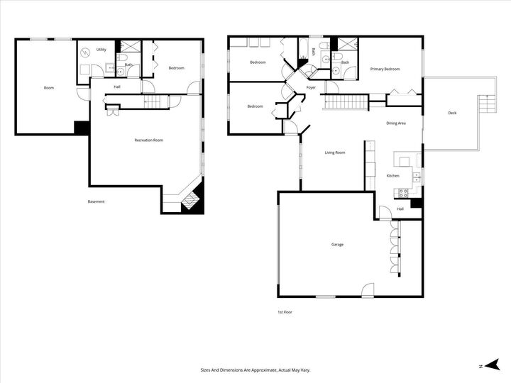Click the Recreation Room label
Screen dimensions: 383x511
click(149, 140)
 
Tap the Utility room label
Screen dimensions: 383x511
click(101, 50)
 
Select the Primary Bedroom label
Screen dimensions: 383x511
click(385, 69)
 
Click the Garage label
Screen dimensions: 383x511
click(337, 245)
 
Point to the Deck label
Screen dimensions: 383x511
click(452, 113)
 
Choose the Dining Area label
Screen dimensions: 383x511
click(396, 123)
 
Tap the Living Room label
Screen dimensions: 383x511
click(335, 152)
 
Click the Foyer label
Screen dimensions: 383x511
click(311, 87)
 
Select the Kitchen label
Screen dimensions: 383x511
click(392, 175)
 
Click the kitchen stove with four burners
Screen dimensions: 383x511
click(403, 191)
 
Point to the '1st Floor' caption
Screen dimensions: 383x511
click(285, 312)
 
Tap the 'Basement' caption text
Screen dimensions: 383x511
click(96, 201)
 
